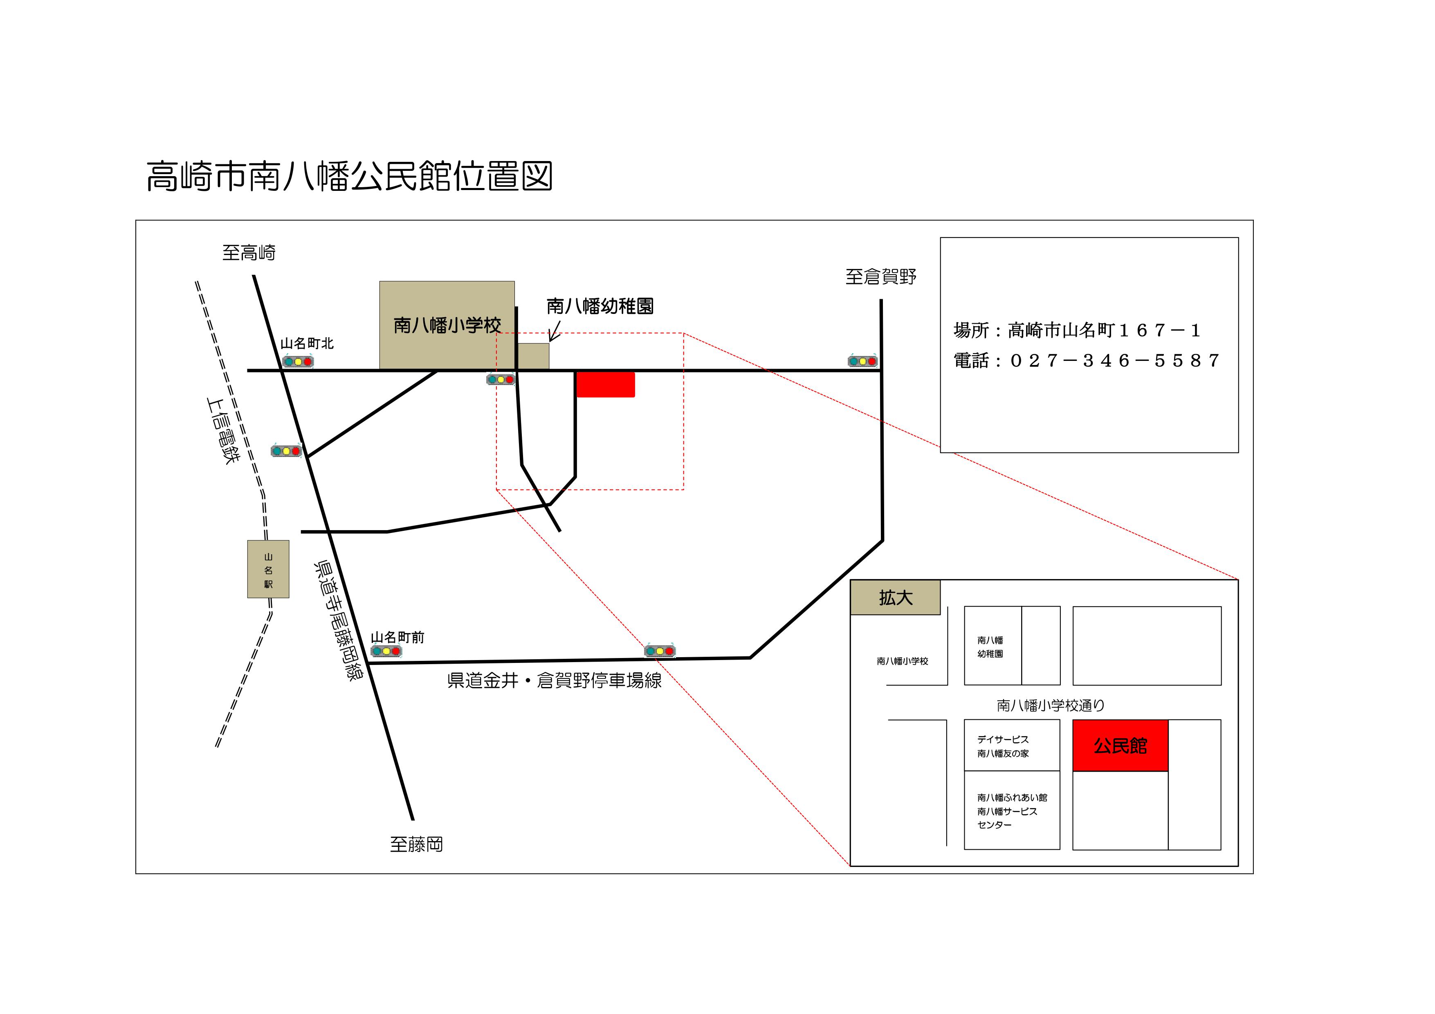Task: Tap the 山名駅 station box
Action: (268, 569)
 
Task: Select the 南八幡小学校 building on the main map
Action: (447, 325)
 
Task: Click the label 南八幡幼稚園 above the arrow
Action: (600, 306)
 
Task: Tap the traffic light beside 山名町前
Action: (386, 651)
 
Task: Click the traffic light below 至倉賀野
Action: (862, 361)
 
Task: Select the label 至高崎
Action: (249, 253)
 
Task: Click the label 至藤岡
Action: (416, 845)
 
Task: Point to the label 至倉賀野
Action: (880, 277)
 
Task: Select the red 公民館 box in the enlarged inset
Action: (1120, 745)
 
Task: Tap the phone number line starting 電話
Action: (1086, 360)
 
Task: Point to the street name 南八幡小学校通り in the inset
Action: (1051, 705)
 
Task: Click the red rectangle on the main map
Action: (605, 384)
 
